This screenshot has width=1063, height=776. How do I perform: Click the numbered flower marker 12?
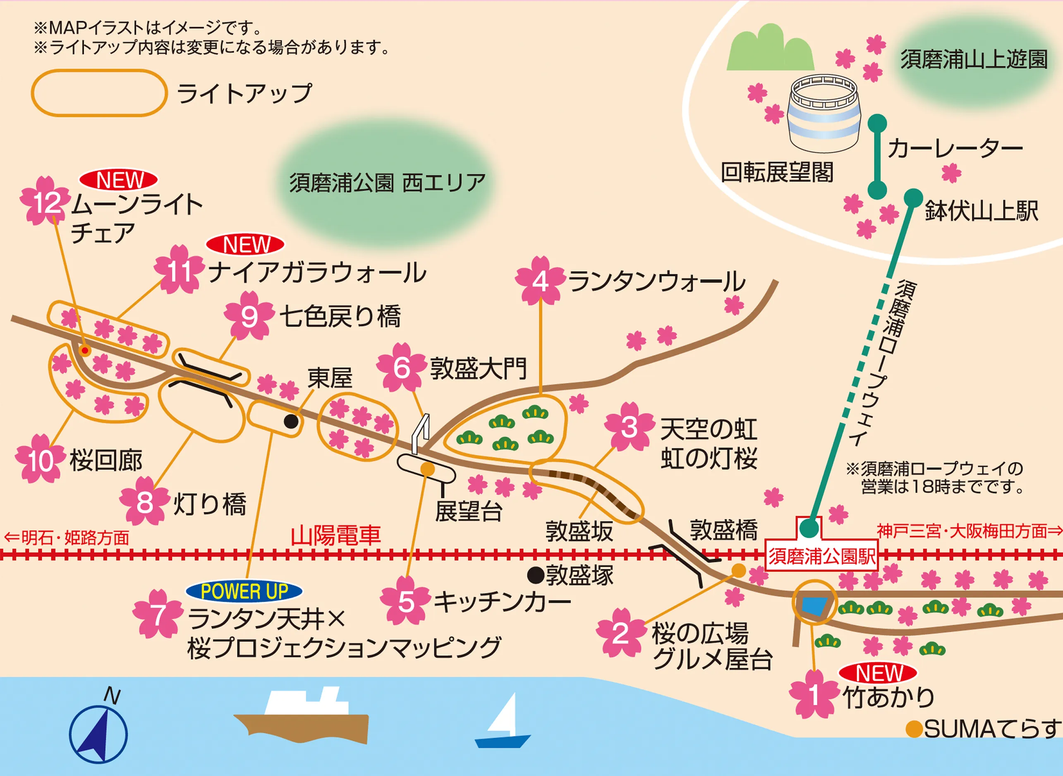(45, 202)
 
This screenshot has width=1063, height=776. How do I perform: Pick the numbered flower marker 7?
(158, 614)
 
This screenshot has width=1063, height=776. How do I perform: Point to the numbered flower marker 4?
(540, 281)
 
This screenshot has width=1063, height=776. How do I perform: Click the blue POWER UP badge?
(244, 591)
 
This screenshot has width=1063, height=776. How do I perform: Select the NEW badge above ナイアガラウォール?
(245, 244)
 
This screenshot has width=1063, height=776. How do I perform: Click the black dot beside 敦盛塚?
(535, 574)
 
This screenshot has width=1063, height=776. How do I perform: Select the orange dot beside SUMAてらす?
(914, 729)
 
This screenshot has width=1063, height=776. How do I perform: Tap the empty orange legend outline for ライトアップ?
(99, 93)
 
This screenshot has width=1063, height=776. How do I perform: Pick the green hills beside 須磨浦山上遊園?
(770, 49)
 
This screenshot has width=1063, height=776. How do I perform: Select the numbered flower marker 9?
(249, 316)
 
